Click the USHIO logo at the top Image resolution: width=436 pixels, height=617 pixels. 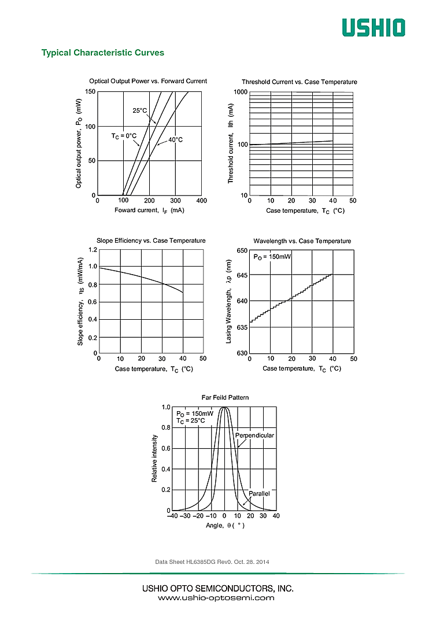373,27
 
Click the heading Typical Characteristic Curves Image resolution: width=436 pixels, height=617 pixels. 103,53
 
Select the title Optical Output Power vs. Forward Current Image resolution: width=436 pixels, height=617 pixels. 148,81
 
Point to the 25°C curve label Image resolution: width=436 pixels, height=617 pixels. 140,110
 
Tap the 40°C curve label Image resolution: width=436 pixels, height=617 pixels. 176,140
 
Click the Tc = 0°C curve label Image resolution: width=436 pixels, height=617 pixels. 124,136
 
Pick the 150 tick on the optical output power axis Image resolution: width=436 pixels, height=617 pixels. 90,92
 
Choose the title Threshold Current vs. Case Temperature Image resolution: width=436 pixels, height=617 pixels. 300,82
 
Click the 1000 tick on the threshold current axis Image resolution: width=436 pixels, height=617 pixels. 240,93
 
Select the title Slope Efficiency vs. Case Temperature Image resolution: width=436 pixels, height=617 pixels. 151,241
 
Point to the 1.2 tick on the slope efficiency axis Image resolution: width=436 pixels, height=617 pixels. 93,250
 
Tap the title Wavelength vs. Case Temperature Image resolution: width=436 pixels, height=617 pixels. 302,241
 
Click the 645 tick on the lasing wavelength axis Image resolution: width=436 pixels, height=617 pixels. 242,275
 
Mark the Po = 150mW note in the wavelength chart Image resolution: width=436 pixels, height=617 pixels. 272,256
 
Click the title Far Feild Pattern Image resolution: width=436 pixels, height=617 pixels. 225,397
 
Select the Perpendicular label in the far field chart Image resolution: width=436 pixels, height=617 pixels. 254,435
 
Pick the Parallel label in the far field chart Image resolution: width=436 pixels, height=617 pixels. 259,493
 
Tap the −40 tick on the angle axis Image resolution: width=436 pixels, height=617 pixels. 172,515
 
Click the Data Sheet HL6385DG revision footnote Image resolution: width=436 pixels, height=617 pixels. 212,561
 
